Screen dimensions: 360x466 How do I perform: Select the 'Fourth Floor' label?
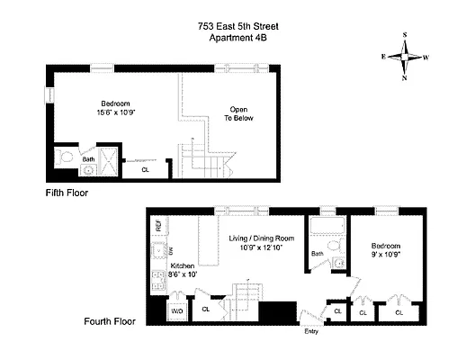pos(111,320)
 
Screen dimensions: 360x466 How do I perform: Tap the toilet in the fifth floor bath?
pos(66,156)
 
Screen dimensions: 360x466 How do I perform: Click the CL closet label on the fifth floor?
pos(145,168)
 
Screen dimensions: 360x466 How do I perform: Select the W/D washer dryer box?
pos(176,310)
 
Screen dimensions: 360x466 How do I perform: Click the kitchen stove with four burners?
pos(158,282)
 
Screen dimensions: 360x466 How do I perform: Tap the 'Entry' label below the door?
pos(310,330)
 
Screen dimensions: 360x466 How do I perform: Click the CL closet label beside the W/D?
pos(205,310)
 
